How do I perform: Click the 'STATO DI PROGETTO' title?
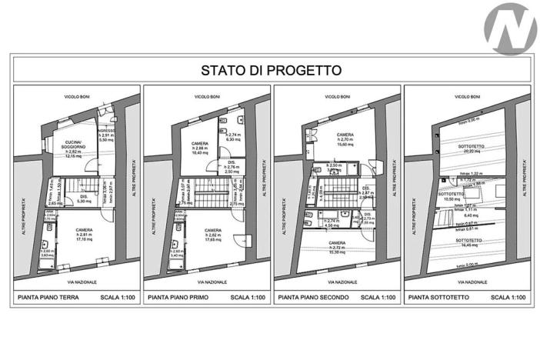coord(271,70)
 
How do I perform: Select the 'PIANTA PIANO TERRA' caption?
coord(49,297)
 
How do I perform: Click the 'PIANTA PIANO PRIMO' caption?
coord(179,297)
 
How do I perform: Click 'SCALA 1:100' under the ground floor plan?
coord(116,297)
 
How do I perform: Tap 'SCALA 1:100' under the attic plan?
coord(508,297)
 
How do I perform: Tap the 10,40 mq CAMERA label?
coord(201,148)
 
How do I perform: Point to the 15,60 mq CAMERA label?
coord(345,139)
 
